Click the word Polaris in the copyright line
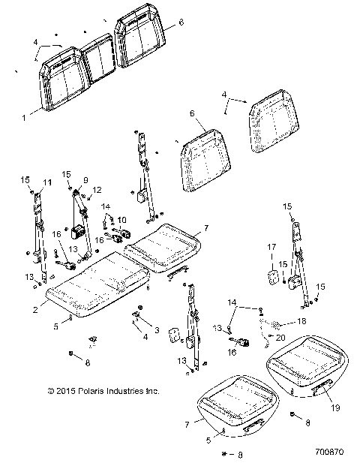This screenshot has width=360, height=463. (x=93, y=391)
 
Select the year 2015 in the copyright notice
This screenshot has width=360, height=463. (x=65, y=391)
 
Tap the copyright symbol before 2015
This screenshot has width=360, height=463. (x=50, y=391)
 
